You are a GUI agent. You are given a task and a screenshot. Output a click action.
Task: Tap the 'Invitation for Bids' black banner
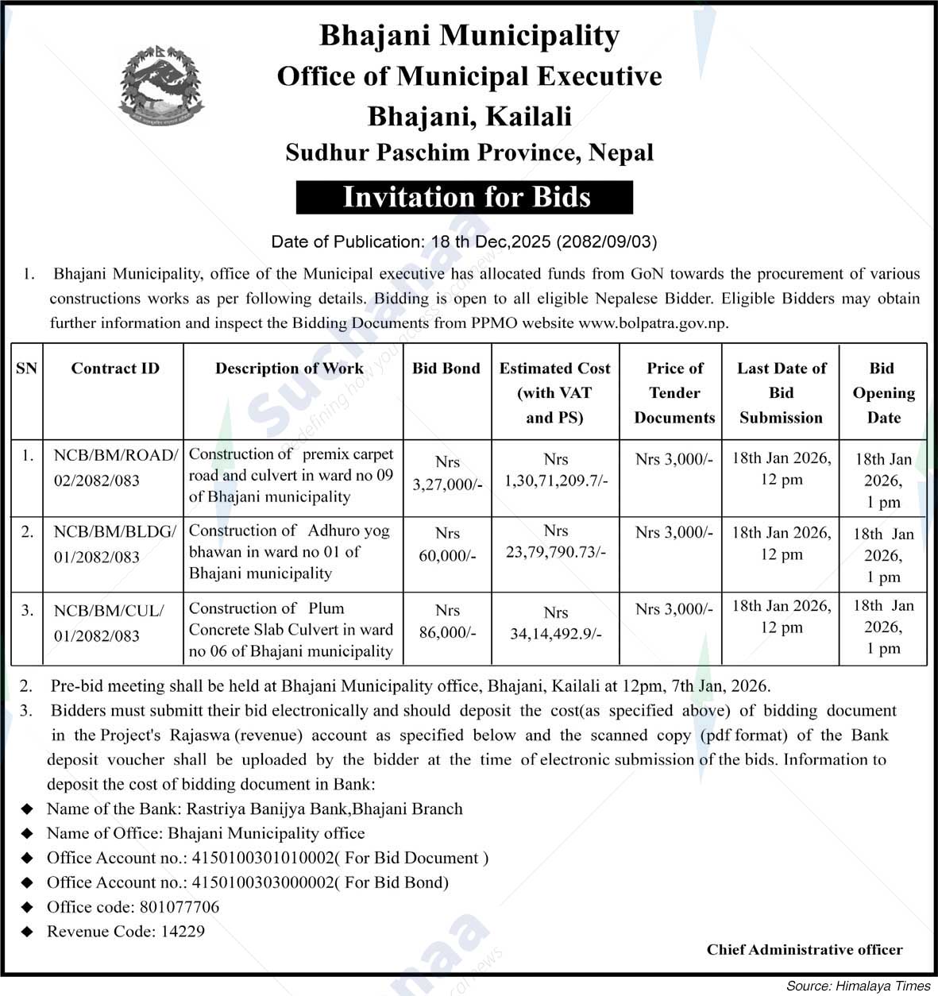tap(465, 197)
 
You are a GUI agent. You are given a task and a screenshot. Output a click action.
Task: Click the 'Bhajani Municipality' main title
tap(469, 36)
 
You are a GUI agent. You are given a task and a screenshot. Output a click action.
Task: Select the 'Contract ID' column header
tap(114, 369)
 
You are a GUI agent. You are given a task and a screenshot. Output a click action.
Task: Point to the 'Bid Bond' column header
tap(446, 369)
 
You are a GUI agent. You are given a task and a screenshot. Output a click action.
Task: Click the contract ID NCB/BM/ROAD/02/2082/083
tap(114, 468)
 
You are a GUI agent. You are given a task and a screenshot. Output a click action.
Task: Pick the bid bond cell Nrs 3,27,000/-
tap(447, 473)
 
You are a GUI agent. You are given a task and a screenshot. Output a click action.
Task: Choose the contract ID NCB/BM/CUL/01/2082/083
tap(108, 623)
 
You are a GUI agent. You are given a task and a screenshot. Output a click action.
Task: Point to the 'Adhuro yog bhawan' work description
tap(289, 551)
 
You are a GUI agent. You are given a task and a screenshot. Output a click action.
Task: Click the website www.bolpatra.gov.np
tap(653, 323)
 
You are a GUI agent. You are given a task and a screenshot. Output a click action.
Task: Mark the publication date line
tap(464, 241)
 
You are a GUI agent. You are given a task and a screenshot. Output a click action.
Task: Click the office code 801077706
tap(179, 907)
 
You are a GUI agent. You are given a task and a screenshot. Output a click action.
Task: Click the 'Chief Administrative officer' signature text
tap(804, 950)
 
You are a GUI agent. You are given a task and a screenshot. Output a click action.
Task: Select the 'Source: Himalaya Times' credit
tap(858, 986)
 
